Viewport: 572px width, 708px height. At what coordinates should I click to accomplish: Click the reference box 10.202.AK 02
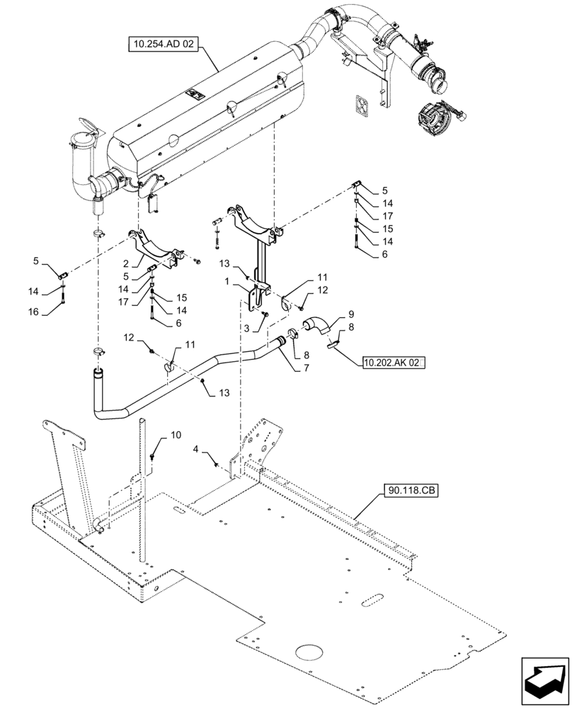(392, 362)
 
